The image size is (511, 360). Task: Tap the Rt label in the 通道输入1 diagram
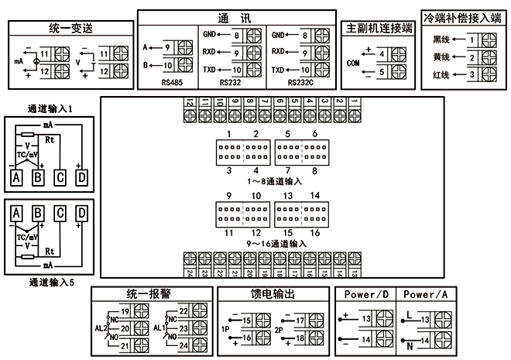click(50, 140)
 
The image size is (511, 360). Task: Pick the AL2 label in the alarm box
click(101, 328)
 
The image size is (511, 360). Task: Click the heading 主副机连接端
click(377, 28)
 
